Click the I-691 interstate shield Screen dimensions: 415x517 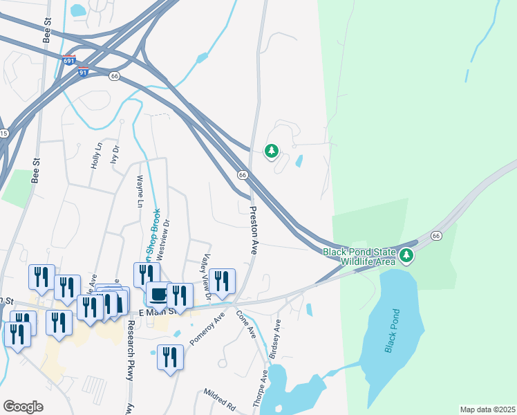point(68,60)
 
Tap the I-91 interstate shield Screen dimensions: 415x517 point(82,71)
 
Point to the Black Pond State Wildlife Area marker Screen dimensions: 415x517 point(408,257)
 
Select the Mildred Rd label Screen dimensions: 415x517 point(220,400)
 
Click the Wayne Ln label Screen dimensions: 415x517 point(140,192)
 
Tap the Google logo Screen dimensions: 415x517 point(23,407)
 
